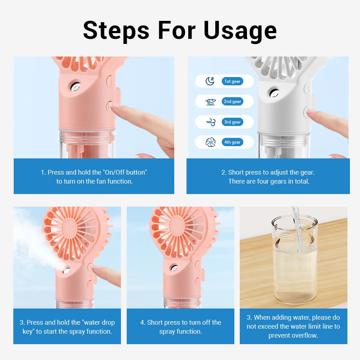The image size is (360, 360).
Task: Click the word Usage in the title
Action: [x=240, y=31]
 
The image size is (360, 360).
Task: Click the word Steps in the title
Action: [x=116, y=31]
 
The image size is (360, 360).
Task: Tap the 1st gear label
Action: [x=232, y=81]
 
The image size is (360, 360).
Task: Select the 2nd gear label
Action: [x=232, y=102]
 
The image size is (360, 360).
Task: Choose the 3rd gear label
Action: [x=232, y=122]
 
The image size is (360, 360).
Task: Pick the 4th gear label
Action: [x=232, y=142]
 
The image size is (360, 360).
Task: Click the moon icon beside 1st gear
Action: [x=210, y=81]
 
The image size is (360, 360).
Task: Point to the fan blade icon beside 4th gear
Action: [x=210, y=143]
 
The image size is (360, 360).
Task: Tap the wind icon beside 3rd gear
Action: [x=211, y=122]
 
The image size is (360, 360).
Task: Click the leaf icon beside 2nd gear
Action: [x=210, y=102]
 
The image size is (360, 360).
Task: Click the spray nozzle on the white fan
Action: [x=275, y=93]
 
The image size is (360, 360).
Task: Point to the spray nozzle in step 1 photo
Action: [x=75, y=87]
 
